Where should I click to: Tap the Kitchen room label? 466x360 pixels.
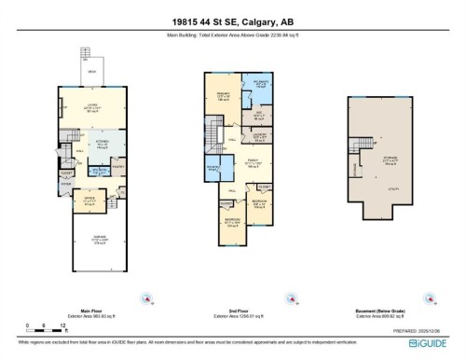103,145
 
